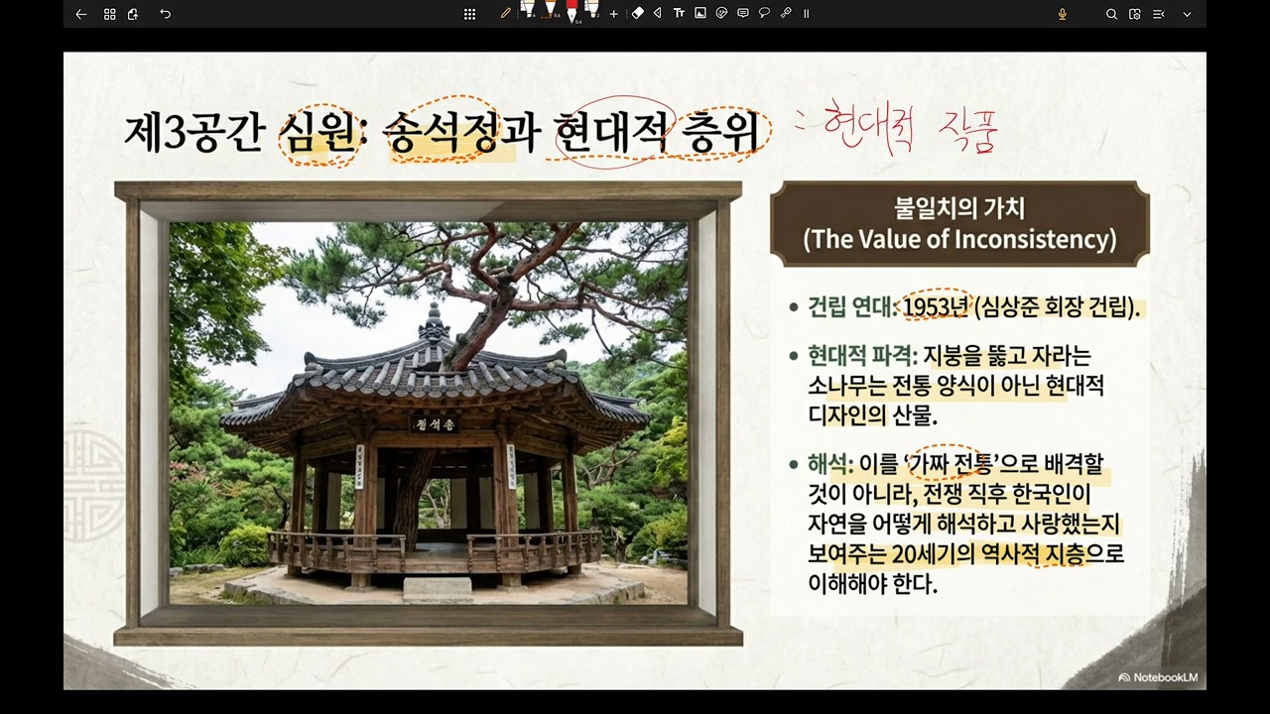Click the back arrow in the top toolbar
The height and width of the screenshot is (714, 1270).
tap(81, 14)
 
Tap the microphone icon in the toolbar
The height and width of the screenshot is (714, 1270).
tap(1063, 14)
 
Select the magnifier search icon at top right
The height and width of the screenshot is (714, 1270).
tap(1111, 14)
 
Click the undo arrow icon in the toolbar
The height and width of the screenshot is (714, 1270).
tap(166, 14)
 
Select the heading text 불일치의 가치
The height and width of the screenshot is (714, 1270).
tap(959, 209)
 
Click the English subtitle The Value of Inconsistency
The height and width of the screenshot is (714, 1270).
tap(959, 239)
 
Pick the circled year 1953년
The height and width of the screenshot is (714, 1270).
tap(935, 307)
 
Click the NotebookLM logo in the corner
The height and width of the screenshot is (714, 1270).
tap(1158, 677)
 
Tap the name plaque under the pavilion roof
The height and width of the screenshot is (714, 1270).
tap(435, 424)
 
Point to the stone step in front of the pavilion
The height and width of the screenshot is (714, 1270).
tap(438, 587)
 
